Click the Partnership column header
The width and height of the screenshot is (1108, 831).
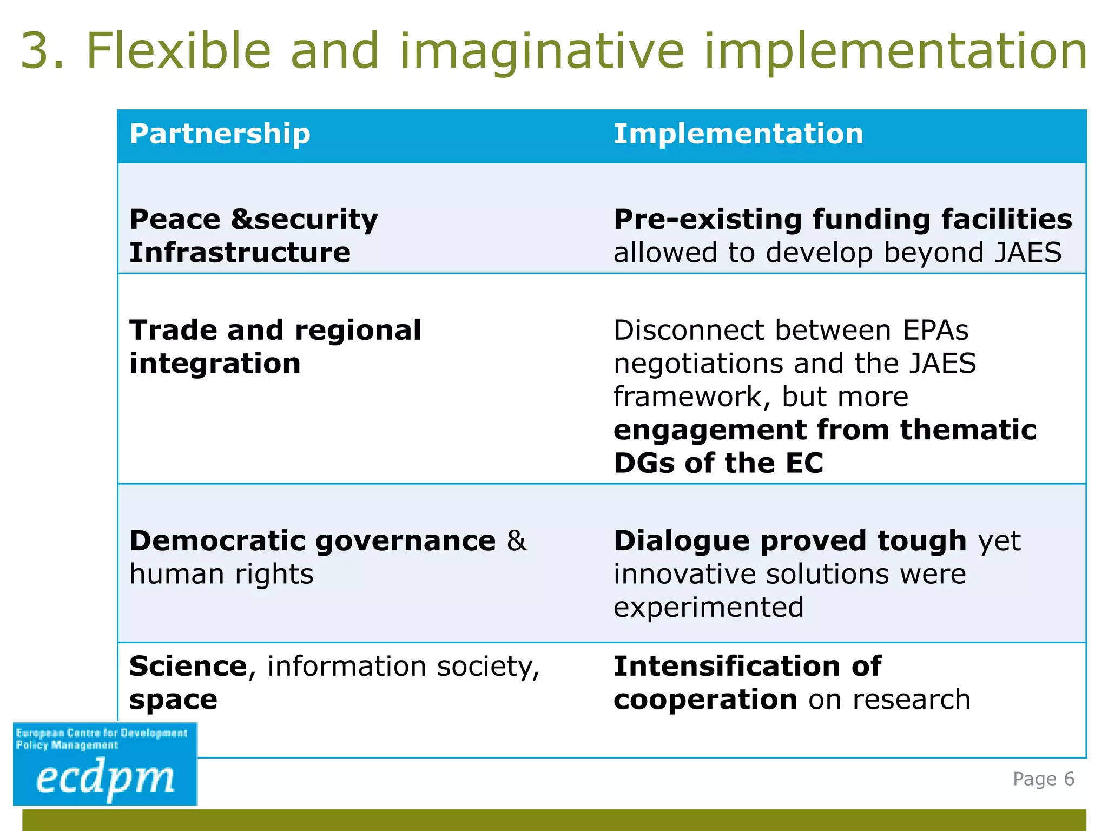tap(220, 134)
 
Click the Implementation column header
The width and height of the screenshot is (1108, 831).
tap(738, 134)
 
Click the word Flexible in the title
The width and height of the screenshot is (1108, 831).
tap(179, 51)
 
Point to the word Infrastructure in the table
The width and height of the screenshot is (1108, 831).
tap(240, 253)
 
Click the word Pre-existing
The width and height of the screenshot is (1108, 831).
tap(708, 220)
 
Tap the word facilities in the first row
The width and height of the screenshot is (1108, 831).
tap(1006, 220)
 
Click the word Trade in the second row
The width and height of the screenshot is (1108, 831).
tap(173, 330)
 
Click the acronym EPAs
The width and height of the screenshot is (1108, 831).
tap(935, 330)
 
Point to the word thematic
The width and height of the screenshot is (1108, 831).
tap(968, 430)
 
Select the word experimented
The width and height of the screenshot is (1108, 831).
tap(708, 607)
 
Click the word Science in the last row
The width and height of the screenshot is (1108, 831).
tap(188, 666)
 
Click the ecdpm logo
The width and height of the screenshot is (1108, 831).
tap(105, 764)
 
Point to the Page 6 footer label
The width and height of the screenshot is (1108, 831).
tap(1043, 779)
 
